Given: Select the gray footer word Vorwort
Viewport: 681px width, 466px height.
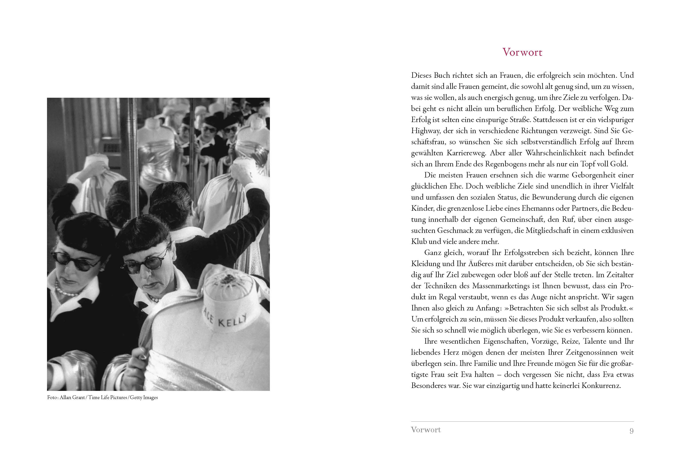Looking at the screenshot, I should (x=426, y=430).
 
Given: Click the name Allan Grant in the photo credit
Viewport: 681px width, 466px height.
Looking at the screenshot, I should (x=72, y=398).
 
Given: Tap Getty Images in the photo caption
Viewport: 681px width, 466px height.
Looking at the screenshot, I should (x=144, y=398).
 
